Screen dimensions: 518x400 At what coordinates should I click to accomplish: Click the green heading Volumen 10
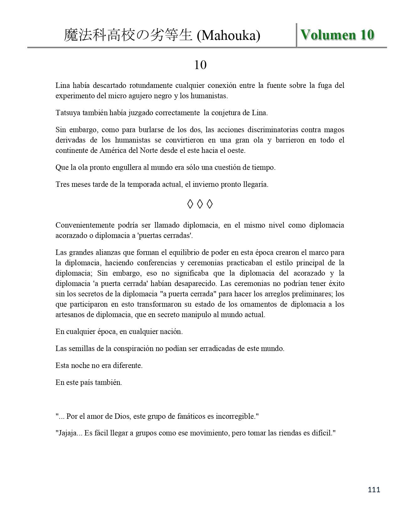tap(337, 35)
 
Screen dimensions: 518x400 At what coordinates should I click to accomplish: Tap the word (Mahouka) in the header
tap(228, 36)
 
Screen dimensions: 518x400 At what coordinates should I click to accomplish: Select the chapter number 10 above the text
tap(200, 65)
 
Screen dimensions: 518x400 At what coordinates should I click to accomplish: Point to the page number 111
tap(374, 489)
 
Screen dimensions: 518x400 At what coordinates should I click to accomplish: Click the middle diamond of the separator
tap(200, 204)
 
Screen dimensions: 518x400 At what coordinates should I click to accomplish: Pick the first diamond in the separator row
tap(190, 204)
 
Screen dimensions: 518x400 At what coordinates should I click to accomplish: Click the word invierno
tap(206, 184)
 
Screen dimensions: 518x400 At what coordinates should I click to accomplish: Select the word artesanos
tap(71, 315)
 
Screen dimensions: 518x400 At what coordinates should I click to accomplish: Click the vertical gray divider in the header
tap(296, 35)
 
